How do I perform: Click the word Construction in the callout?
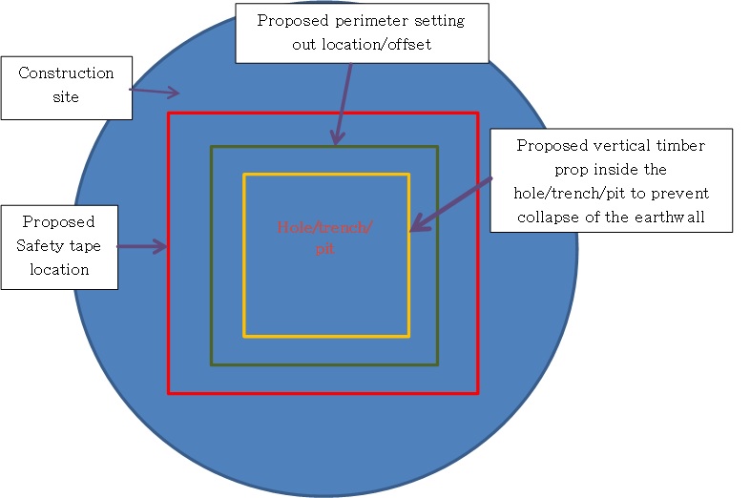pyautogui.click(x=66, y=73)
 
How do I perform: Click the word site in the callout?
pyautogui.click(x=66, y=96)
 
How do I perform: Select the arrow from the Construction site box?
pyautogui.click(x=154, y=92)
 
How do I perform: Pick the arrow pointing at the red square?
pyautogui.click(x=142, y=246)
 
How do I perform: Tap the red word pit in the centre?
pyautogui.click(x=324, y=250)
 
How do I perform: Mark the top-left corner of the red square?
pyautogui.click(x=169, y=114)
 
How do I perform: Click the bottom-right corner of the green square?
pyautogui.click(x=437, y=364)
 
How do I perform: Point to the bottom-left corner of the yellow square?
pyautogui.click(x=244, y=336)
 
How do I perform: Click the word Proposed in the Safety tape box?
pyautogui.click(x=59, y=221)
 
